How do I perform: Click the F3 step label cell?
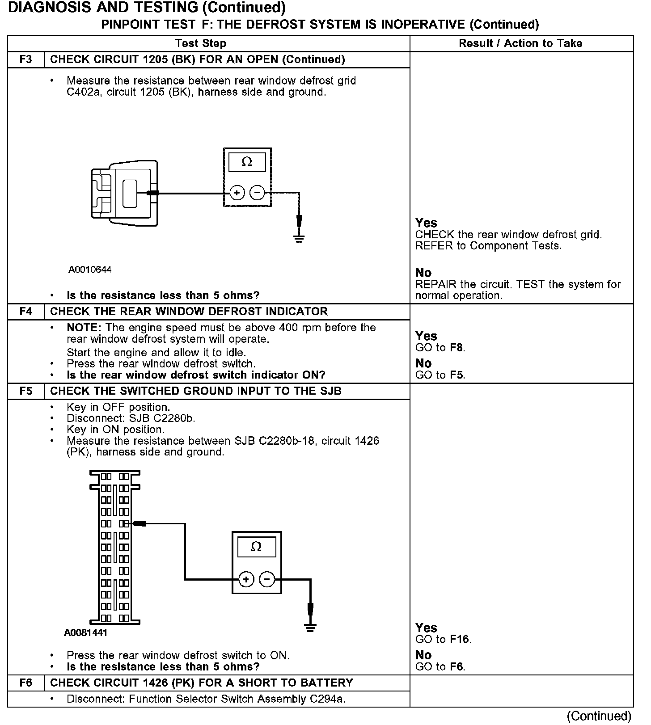tap(26, 60)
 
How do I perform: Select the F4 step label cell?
tap(26, 312)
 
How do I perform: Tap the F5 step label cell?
tap(26, 391)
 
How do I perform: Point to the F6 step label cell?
tap(26, 683)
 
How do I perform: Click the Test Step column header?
tap(201, 43)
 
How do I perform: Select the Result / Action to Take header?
tap(520, 43)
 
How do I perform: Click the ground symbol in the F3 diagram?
tap(299, 238)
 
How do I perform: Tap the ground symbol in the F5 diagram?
tap(310, 627)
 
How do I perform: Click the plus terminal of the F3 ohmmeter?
tap(237, 193)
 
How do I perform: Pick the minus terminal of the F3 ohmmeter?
tap(257, 193)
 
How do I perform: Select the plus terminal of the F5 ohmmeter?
tap(246, 580)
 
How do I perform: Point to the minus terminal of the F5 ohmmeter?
tap(267, 580)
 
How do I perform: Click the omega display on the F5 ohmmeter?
tap(256, 547)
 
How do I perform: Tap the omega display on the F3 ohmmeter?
tap(247, 162)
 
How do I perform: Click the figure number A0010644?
tap(90, 270)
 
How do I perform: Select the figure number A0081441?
tap(86, 633)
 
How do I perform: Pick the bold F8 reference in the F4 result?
tap(457, 348)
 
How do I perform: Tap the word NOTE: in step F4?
tap(84, 328)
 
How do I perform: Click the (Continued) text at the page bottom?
tap(599, 716)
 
